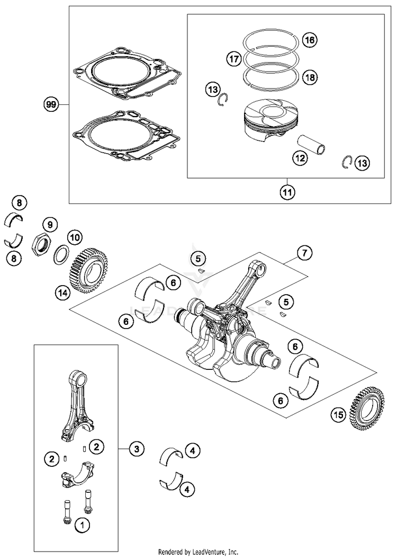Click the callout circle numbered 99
tap(51, 105)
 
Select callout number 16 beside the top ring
tap(310, 40)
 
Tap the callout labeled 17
tap(234, 59)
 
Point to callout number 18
tap(310, 77)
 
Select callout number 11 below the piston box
tap(286, 193)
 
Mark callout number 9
tap(49, 224)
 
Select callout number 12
tap(301, 157)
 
